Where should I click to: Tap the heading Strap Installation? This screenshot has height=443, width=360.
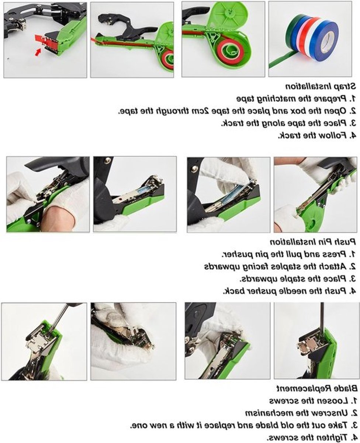(x=321, y=86)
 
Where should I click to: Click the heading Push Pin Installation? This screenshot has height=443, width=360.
(x=313, y=242)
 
